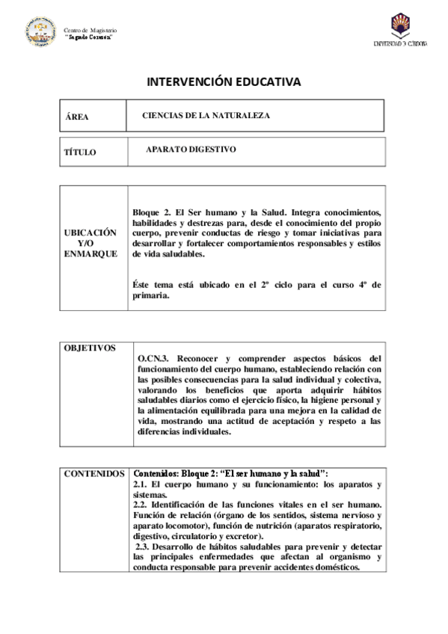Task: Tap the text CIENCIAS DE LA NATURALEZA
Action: pos(206,116)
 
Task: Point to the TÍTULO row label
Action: pos(80,152)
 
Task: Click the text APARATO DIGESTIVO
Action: pos(191,150)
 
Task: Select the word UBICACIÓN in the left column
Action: pos(90,233)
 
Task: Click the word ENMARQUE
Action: pos(90,254)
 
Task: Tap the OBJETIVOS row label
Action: pos(90,348)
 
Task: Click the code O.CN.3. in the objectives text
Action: pos(156,358)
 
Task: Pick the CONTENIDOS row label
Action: pos(93,474)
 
